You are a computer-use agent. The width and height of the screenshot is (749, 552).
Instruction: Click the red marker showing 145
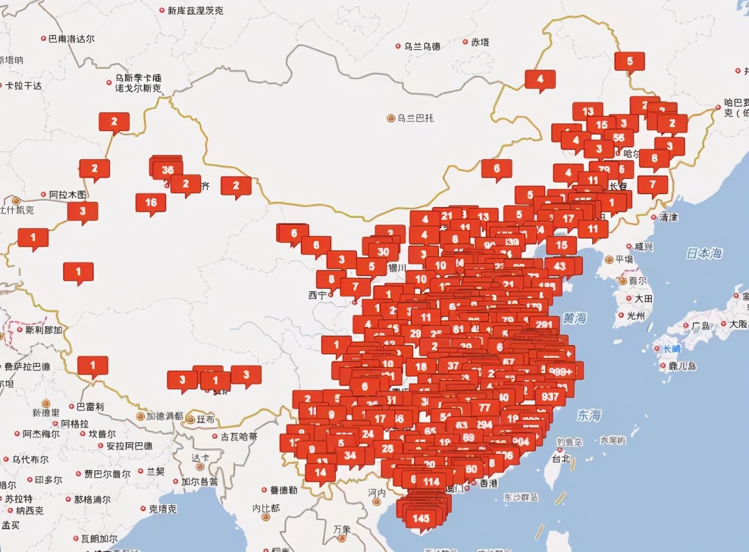click(421, 518)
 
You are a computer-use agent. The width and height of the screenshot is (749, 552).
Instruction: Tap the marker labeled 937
click(550, 396)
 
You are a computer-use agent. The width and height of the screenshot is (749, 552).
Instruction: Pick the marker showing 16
click(151, 202)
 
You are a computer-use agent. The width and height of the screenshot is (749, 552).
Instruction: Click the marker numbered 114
click(431, 482)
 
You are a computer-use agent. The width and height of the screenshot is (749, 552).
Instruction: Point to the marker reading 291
click(544, 325)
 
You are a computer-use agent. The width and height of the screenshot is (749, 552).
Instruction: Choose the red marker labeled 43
click(559, 265)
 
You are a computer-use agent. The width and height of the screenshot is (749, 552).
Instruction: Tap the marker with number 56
click(619, 138)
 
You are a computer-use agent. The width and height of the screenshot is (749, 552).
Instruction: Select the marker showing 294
click(484, 425)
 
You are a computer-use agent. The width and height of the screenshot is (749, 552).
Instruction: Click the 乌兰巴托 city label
click(415, 118)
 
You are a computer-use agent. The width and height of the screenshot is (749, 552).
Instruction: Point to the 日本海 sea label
click(704, 253)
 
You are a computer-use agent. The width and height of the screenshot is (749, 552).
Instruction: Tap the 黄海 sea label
click(575, 319)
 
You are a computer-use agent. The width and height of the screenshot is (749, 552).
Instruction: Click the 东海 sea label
click(588, 415)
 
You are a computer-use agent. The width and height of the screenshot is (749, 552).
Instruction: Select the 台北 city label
click(561, 458)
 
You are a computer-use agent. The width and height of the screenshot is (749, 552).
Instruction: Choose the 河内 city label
click(377, 492)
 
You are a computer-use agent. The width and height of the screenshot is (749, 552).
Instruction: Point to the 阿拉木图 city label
click(67, 194)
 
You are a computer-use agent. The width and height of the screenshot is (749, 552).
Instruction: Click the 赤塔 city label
click(480, 42)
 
